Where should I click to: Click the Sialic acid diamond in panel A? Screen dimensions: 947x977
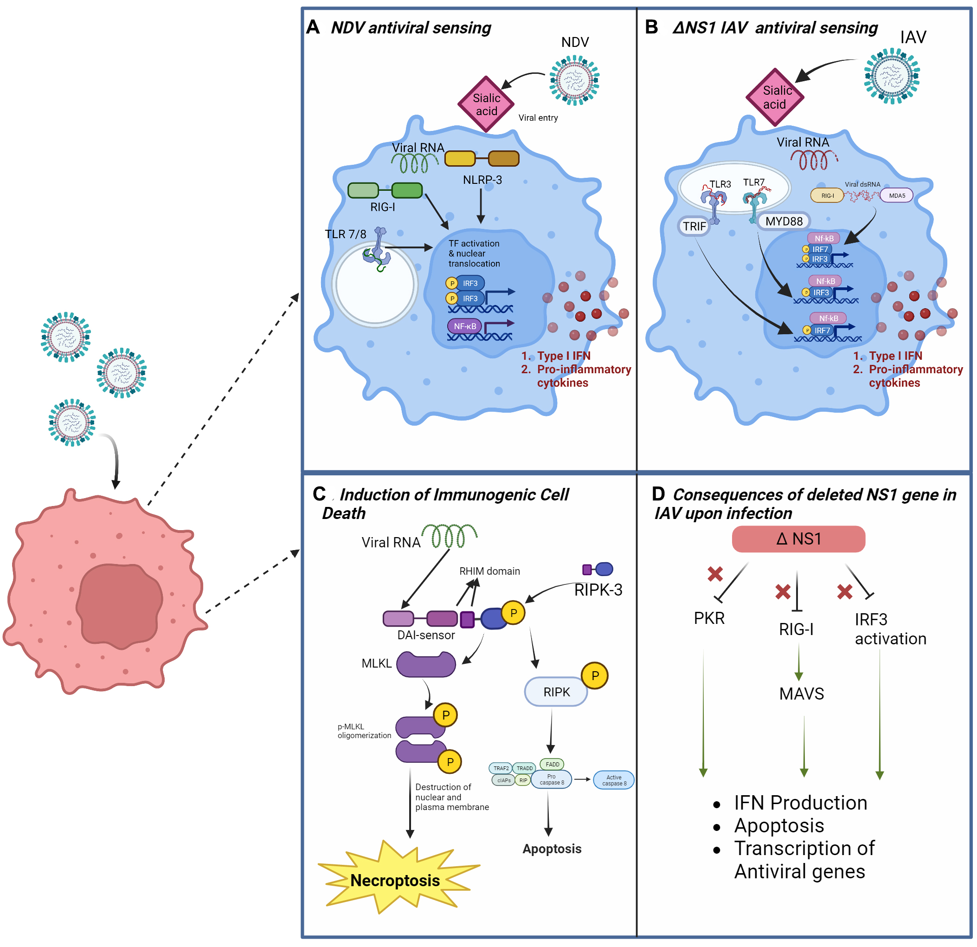tap(486, 104)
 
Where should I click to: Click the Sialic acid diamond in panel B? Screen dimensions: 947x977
tap(775, 97)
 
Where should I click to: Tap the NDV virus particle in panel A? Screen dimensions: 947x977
tap(574, 80)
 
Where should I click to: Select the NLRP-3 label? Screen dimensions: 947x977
tap(482, 180)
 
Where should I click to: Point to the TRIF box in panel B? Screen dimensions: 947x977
tap(694, 227)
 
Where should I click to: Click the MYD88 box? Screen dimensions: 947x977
tap(784, 221)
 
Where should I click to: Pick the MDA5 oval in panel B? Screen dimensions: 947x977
tap(897, 195)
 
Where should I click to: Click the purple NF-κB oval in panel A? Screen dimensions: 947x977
tap(464, 326)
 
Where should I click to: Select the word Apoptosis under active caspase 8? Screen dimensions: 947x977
tap(552, 849)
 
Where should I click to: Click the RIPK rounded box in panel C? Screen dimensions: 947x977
tap(556, 692)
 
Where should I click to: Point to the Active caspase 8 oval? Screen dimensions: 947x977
tap(614, 780)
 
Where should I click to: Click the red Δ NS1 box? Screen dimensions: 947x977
tap(798, 539)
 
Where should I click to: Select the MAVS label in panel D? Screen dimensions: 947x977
tap(802, 694)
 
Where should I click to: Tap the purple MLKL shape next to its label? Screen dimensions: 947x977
tap(426, 664)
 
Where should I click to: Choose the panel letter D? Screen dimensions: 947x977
tap(658, 494)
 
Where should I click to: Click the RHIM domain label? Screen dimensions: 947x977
tap(489, 571)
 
